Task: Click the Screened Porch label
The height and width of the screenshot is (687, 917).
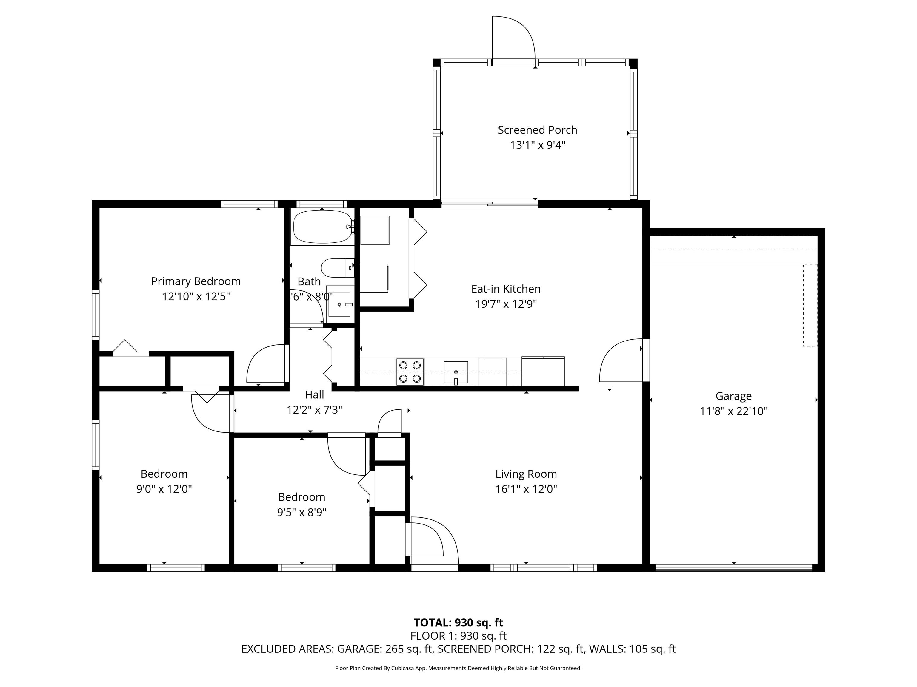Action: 537,130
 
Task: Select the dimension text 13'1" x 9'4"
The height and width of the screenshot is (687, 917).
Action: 537,145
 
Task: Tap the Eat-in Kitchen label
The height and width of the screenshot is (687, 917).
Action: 506,289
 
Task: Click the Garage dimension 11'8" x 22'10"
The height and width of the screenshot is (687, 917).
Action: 734,411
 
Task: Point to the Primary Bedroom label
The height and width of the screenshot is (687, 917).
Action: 196,281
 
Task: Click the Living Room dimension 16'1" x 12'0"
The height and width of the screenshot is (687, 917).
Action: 526,489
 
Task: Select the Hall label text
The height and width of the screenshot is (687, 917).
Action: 314,395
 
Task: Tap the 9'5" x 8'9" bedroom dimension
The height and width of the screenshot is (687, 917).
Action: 302,512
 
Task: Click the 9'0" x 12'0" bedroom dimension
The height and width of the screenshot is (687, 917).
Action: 164,489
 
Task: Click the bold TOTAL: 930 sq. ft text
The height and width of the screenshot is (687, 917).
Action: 458,622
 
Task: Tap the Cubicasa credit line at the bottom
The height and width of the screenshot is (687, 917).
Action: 458,668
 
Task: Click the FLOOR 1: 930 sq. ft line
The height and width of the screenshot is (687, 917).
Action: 458,636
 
